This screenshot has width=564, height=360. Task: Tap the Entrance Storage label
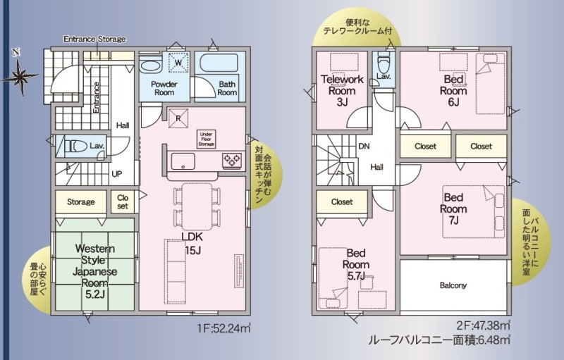coord(94,39)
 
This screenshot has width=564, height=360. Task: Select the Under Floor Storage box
coord(206,139)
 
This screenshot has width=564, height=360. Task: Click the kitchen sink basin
coord(183,161)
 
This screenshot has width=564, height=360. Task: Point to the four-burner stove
coord(232,160)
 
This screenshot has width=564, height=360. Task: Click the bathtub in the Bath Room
coord(219,63)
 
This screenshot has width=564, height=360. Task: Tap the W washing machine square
coord(178,63)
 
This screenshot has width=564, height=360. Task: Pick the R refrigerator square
coord(178,118)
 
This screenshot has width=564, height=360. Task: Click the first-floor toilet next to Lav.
coord(75,147)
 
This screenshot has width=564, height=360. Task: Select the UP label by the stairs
coord(117,174)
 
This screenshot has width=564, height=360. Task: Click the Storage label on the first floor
coord(81,202)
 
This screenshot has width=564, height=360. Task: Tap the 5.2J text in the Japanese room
coord(95,294)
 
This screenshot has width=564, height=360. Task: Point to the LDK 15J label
coord(192,243)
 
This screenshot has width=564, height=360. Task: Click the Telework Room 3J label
coord(342,90)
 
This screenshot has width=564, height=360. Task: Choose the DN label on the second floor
coord(364,147)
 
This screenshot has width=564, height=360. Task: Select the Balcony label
coord(453,285)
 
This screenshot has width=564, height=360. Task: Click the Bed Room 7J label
coord(453,209)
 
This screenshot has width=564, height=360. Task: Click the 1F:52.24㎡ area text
coord(223,328)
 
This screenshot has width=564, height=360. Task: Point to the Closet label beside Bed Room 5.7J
coord(342,202)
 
